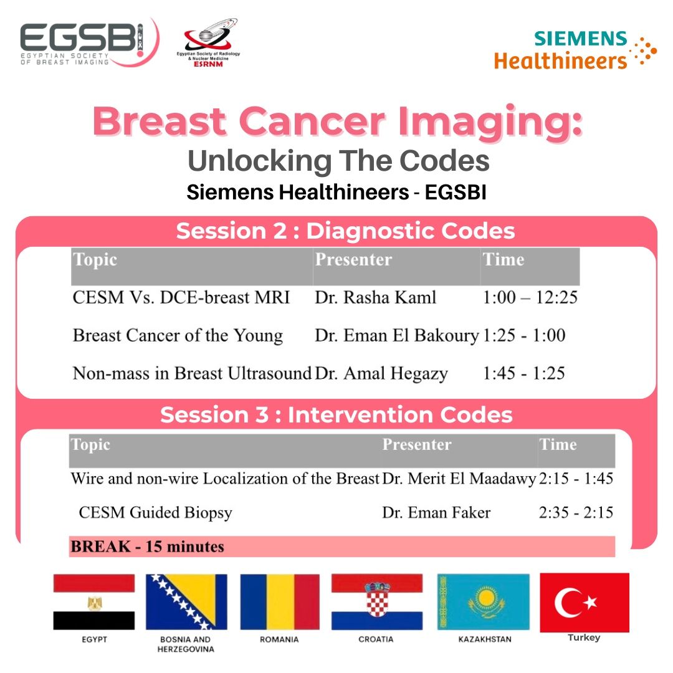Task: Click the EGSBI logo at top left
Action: (x=89, y=42)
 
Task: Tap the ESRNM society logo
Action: (x=209, y=42)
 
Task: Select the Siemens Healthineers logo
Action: (x=575, y=50)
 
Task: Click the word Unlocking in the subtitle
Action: (x=260, y=161)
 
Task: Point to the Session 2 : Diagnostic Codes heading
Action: (x=345, y=231)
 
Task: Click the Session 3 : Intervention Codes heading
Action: (x=336, y=414)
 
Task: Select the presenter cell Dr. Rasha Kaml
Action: (x=376, y=297)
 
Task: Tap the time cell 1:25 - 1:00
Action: (x=524, y=335)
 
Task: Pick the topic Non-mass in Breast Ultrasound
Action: (x=192, y=373)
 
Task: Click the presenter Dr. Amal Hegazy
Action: (x=381, y=373)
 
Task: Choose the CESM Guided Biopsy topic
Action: (x=155, y=512)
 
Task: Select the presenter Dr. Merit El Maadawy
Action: (x=459, y=479)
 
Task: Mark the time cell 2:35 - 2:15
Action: (x=576, y=512)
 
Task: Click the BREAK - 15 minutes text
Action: (x=147, y=547)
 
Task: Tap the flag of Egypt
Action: (x=94, y=602)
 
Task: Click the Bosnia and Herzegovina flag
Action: (x=186, y=602)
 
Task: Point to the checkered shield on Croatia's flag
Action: (x=377, y=600)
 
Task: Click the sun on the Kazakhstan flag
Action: (x=486, y=597)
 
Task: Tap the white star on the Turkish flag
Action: (x=590, y=602)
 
